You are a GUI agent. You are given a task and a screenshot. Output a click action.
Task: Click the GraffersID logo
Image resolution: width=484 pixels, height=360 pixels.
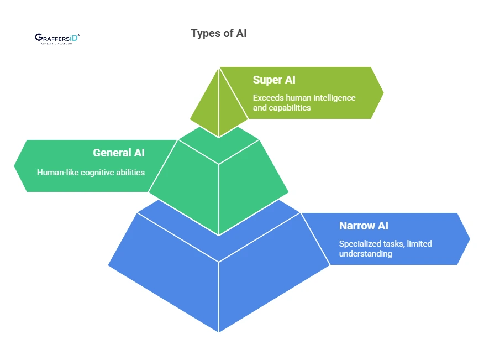click(57, 38)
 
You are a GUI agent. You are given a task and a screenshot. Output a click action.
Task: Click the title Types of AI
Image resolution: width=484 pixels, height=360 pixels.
click(219, 33)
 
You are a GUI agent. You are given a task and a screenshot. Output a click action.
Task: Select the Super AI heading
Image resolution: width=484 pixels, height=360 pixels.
click(274, 80)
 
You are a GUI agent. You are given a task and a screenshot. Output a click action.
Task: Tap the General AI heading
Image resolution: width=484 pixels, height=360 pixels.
click(119, 153)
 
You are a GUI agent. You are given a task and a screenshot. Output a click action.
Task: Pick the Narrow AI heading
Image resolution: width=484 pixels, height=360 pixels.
click(364, 226)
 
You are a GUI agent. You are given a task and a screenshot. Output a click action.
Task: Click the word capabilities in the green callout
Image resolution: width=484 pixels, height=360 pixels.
click(290, 108)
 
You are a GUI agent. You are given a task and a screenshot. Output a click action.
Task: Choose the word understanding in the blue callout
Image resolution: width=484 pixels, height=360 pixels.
click(365, 254)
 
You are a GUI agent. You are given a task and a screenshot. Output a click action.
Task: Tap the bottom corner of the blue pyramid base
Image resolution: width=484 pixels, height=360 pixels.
click(219, 330)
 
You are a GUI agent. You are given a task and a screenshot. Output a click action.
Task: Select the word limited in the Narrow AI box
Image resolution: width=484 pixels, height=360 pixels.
click(419, 244)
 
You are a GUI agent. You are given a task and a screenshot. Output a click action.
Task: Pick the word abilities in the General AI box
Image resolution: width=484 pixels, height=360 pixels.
click(129, 173)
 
